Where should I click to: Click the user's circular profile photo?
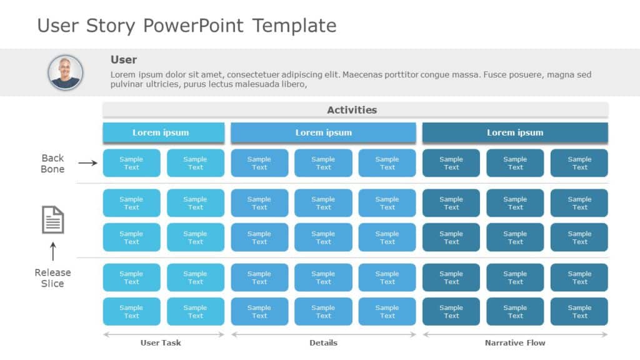[x=65, y=72]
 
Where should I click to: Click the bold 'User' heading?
[x=124, y=60]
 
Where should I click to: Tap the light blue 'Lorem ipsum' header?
[x=163, y=132]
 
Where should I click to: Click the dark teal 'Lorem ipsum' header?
[x=515, y=132]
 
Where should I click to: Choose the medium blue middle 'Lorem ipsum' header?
[x=323, y=132]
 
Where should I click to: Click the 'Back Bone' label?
[x=52, y=163]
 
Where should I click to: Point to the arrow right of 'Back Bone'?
[x=87, y=163]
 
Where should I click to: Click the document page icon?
[x=52, y=219]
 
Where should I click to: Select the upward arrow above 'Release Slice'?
[x=52, y=251]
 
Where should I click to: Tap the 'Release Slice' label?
[x=52, y=278]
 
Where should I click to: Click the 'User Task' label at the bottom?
[x=161, y=342]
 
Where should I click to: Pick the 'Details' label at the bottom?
[x=323, y=342]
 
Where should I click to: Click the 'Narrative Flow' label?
[x=515, y=342]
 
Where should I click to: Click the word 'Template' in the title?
[x=294, y=26]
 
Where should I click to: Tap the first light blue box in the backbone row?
[x=131, y=163]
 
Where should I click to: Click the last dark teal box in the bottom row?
[x=579, y=311]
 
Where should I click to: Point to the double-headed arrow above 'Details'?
[x=323, y=334]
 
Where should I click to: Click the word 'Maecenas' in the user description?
[x=363, y=75]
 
